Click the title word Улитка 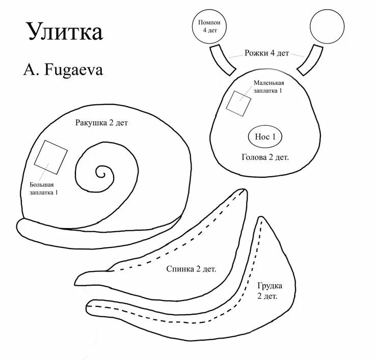coord(65,31)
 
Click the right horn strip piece coord(310,59)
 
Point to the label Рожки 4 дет coord(266,53)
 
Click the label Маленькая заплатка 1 coord(269,87)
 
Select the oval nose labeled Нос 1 coord(265,136)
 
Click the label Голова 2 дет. coord(265,157)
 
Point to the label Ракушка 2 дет coord(101,123)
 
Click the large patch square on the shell coord(51,156)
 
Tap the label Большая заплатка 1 coord(43,188)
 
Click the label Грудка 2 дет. coord(269,291)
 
